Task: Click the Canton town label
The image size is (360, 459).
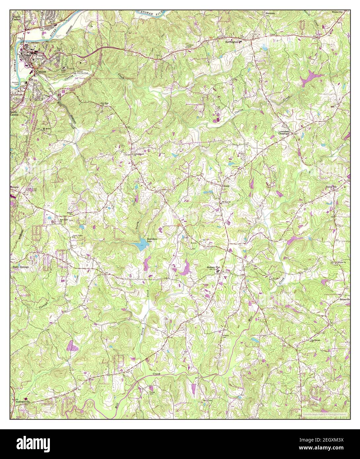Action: click(x=41, y=71)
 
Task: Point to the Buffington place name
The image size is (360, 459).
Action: click(x=231, y=42)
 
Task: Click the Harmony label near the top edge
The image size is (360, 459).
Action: click(x=270, y=13)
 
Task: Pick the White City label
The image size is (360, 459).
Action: click(x=337, y=12)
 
